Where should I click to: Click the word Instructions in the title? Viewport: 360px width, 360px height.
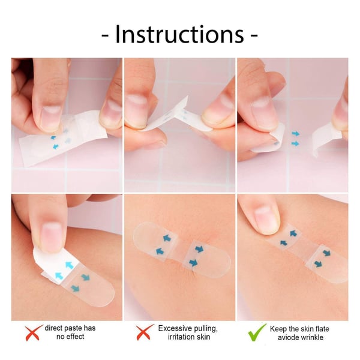point(179,34)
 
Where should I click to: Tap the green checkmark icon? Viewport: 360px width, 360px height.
point(257,332)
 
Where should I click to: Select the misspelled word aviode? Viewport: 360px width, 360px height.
point(289,338)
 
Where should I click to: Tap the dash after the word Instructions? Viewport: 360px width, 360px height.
point(254,36)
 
